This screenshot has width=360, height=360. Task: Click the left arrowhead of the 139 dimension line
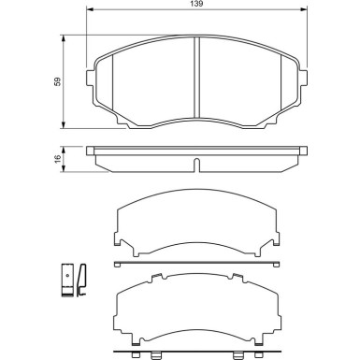click(x=90, y=12)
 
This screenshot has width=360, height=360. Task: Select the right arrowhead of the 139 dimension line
click(x=304, y=12)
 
